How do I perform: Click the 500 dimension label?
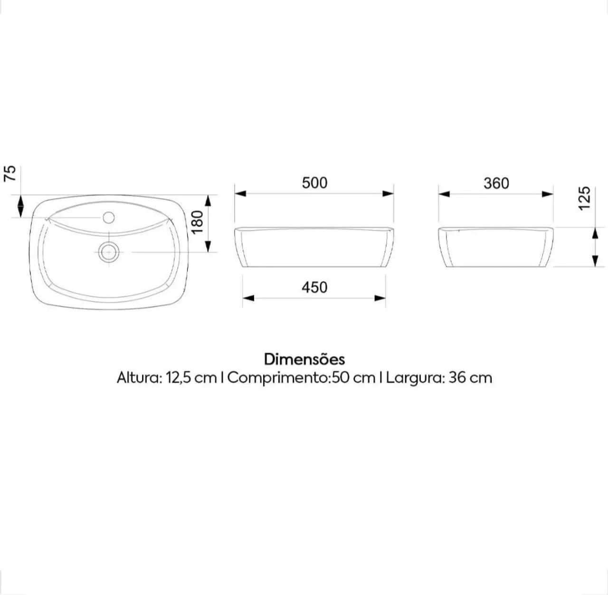[x=314, y=183]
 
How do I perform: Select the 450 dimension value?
[x=314, y=288]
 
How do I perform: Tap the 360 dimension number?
[x=496, y=183]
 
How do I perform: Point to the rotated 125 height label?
[x=584, y=198]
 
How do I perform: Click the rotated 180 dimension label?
[x=198, y=222]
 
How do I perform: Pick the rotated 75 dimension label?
[x=9, y=173]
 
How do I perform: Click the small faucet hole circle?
[x=109, y=217]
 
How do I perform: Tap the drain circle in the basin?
[x=109, y=252]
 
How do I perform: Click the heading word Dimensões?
[x=304, y=359]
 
